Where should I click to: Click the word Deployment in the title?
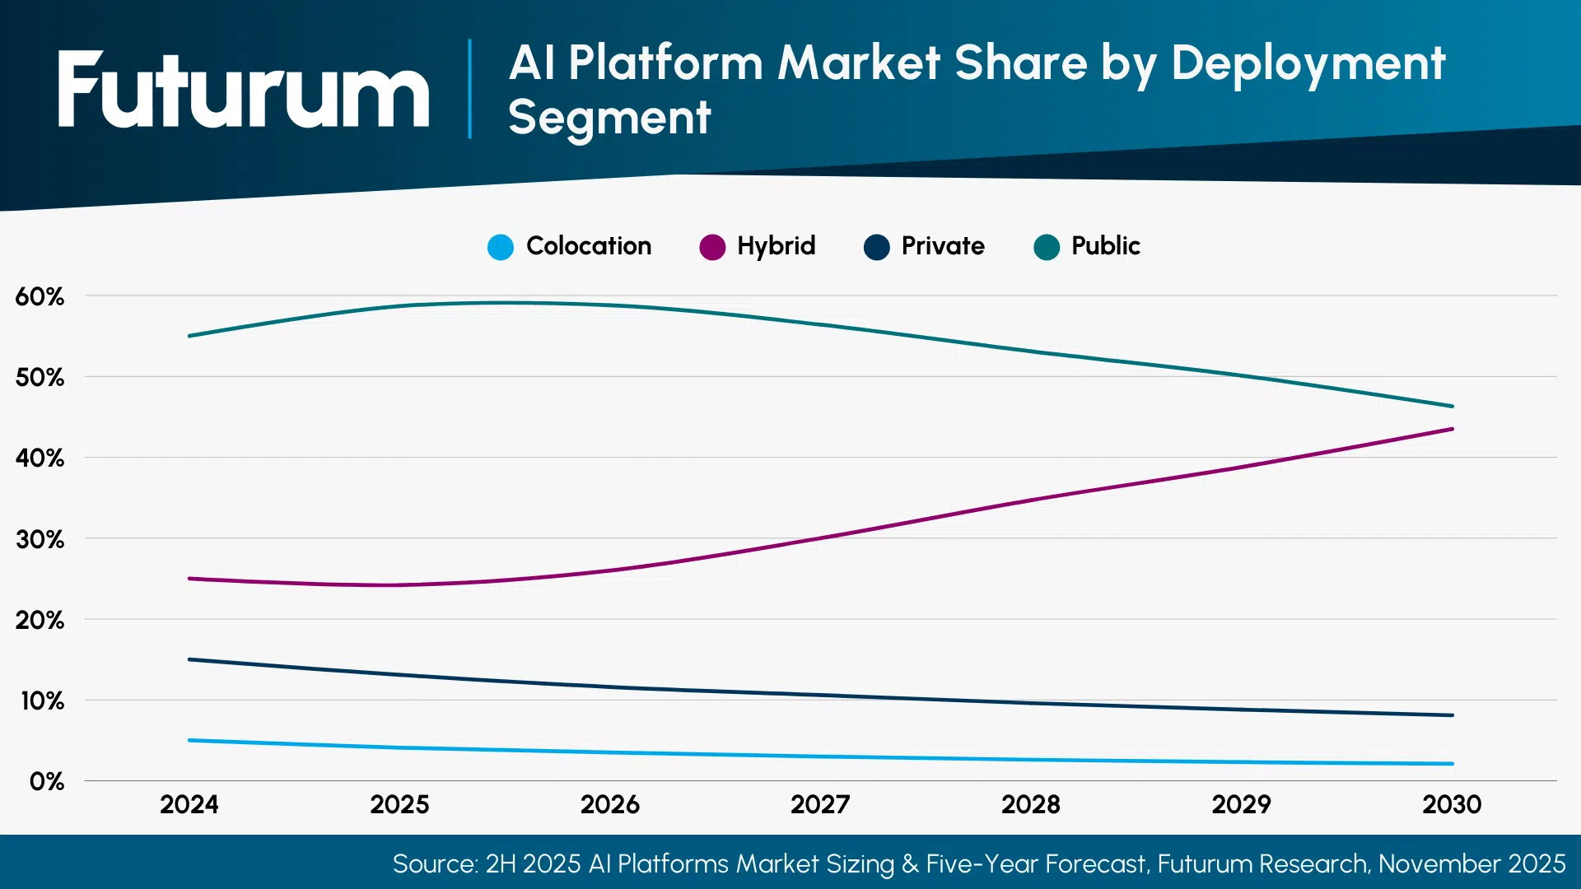(x=1308, y=64)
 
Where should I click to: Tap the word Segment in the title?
(x=609, y=118)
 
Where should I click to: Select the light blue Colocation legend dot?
(x=501, y=247)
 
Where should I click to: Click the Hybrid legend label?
(x=776, y=246)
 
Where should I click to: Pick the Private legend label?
(x=943, y=246)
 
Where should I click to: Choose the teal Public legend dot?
(x=1047, y=247)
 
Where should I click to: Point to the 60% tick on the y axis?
(x=40, y=297)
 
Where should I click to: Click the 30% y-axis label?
(x=40, y=540)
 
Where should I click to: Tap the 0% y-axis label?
(x=46, y=781)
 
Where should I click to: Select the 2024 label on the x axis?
(x=189, y=804)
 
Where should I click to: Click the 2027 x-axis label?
(x=820, y=804)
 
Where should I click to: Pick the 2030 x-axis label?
(x=1452, y=804)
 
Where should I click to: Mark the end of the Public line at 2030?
(x=1452, y=406)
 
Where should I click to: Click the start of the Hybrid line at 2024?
(x=190, y=579)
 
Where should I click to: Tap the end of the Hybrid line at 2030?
(x=1452, y=429)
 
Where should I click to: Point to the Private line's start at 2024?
(x=190, y=659)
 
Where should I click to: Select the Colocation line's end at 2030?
(x=1452, y=764)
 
